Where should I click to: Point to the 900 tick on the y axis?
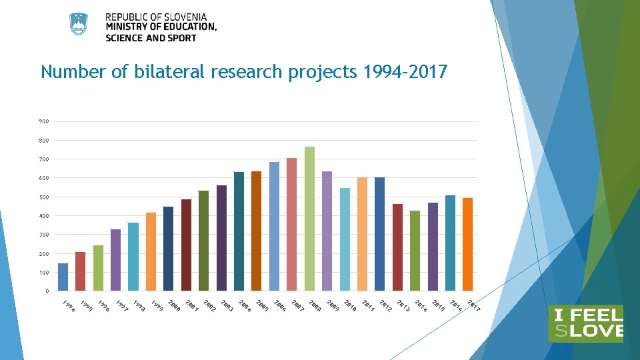coord(43,121)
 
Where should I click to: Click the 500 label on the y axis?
coord(43,197)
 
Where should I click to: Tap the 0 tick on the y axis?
coord(46,291)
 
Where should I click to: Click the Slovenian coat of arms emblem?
coord(79,24)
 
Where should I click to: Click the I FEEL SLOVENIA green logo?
coord(585,323)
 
